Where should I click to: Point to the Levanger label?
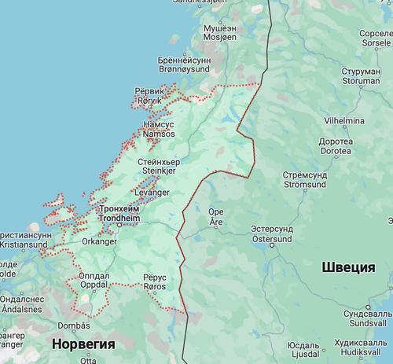pyautogui.click(x=152, y=192)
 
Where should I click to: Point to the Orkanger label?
pyautogui.click(x=98, y=241)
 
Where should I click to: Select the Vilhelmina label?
pyautogui.click(x=344, y=120)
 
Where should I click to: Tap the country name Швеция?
pyautogui.click(x=348, y=267)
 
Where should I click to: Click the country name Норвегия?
pyautogui.click(x=83, y=344)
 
